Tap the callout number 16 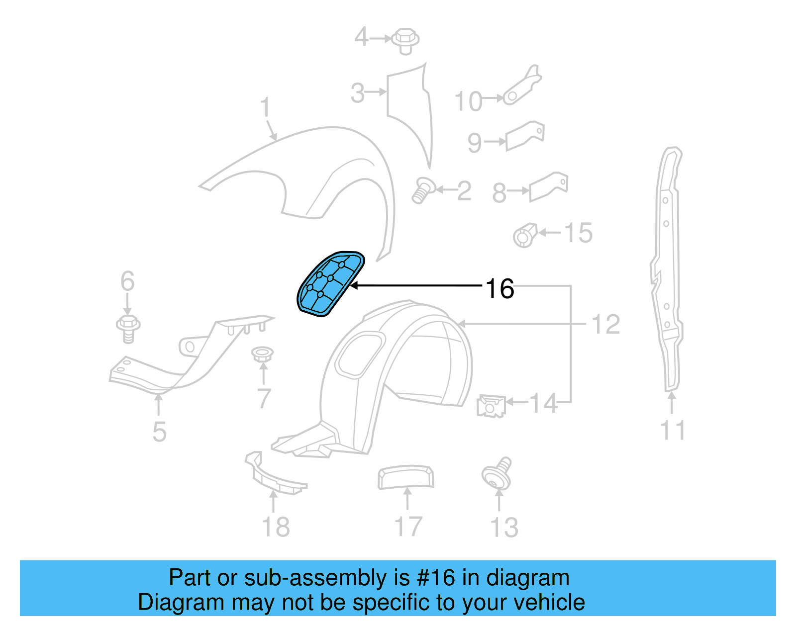click(499, 289)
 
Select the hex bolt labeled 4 click(405, 40)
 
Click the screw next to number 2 click(423, 190)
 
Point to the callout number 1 click(265, 107)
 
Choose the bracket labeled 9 click(524, 135)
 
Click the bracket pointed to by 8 click(548, 186)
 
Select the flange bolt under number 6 click(128, 328)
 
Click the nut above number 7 click(262, 355)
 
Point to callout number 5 click(159, 431)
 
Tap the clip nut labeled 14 click(491, 405)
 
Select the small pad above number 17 click(405, 477)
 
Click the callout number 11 click(673, 431)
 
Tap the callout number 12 click(605, 325)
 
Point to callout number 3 click(358, 93)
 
